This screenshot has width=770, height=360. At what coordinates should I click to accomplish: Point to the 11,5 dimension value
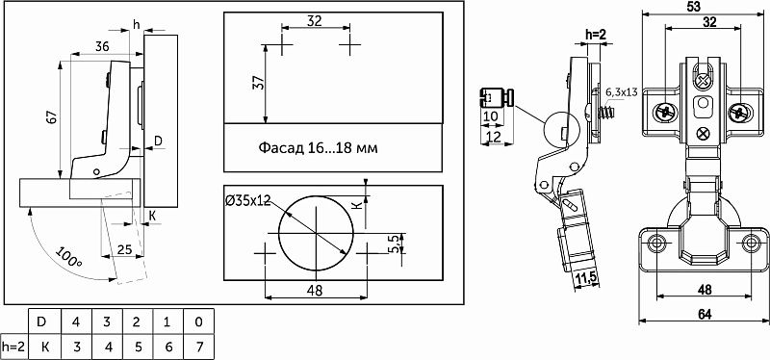click(x=586, y=278)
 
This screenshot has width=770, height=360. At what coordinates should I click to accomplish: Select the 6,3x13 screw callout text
click(x=621, y=92)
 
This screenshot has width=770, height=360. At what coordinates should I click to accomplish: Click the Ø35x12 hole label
click(x=247, y=200)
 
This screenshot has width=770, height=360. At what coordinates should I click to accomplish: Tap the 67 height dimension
click(x=53, y=117)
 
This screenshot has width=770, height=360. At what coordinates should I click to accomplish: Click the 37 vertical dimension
click(x=259, y=83)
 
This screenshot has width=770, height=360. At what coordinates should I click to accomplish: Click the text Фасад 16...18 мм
click(x=319, y=147)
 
